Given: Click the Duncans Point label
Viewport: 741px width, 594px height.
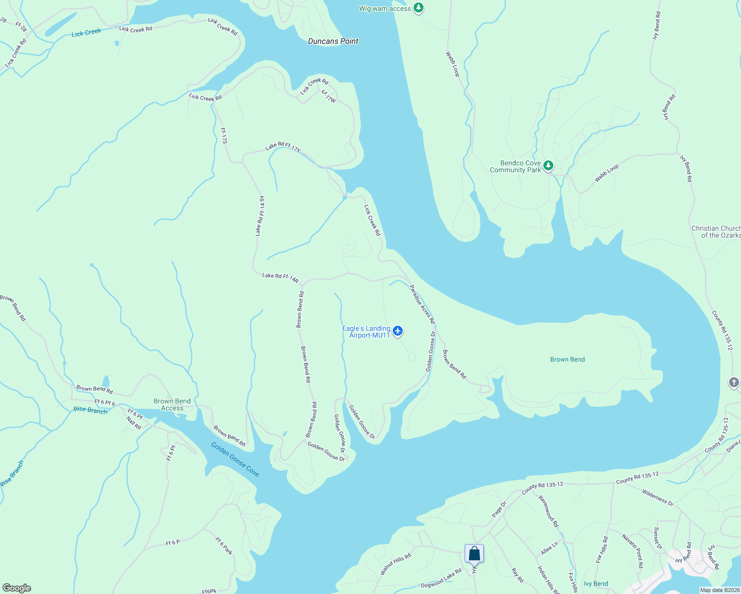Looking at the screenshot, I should point(333,41).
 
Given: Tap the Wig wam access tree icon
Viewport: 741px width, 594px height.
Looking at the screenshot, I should point(419,8).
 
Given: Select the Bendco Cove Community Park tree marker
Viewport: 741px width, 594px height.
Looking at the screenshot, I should point(548,165).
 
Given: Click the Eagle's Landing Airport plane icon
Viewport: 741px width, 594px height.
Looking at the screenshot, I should point(398,331).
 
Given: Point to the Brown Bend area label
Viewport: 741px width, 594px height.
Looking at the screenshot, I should point(567,359).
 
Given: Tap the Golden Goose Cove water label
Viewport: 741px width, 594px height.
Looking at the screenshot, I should point(235,459).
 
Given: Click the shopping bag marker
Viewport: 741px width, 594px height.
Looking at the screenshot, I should point(474,554).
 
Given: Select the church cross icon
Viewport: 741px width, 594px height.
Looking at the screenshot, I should point(734,382).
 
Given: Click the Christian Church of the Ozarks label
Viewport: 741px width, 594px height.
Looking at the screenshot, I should point(716,232).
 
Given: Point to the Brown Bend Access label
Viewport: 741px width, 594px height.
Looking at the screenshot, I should point(172,404).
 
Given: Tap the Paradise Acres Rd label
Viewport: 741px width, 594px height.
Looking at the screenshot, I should point(422,304).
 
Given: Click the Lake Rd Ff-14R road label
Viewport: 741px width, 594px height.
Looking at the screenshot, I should point(280,278).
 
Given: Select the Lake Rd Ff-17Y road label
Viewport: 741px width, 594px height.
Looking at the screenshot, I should point(283,147).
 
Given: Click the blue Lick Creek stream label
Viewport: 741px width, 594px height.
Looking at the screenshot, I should point(86,33).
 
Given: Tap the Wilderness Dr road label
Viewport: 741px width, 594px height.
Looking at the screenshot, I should point(658,497).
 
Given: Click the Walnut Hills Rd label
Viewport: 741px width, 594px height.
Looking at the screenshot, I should point(396,564).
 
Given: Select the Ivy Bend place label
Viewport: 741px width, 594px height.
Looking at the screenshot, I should point(596,584).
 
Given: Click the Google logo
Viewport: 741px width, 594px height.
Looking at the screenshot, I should point(16,588).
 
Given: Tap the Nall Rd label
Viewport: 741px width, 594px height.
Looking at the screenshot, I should point(134,423).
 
